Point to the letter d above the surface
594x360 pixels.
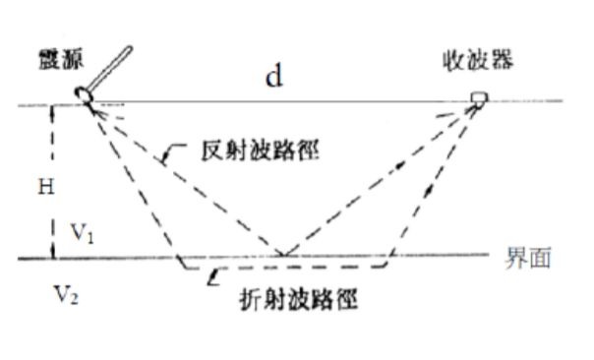click(274, 78)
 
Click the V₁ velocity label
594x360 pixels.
click(82, 233)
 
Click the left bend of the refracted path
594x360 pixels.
click(180, 266)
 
